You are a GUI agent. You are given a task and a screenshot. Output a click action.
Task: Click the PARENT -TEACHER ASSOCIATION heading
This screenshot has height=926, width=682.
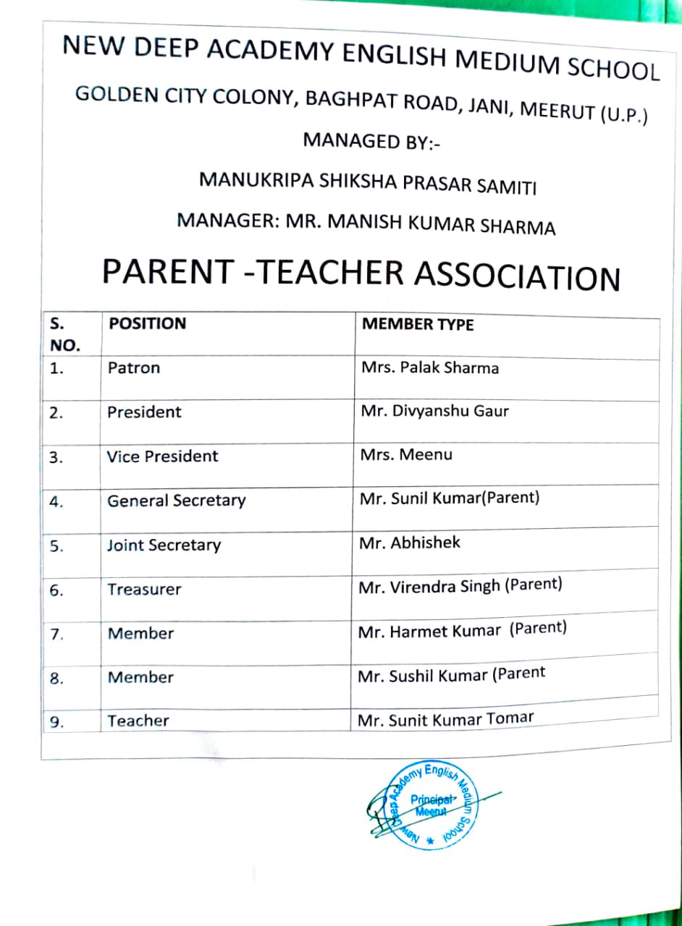[x=361, y=274]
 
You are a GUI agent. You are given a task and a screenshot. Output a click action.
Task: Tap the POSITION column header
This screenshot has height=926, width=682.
[x=147, y=323]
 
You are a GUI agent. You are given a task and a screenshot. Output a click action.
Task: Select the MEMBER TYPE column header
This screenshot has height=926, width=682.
[x=417, y=324]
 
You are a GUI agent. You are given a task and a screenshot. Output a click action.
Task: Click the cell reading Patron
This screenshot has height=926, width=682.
[x=134, y=368]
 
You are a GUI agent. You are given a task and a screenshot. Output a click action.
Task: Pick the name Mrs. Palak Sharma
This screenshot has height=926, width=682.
[x=429, y=368]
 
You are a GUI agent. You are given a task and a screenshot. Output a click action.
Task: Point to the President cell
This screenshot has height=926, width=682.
[x=144, y=412]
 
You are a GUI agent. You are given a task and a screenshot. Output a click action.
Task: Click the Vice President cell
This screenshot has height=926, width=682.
[x=162, y=456]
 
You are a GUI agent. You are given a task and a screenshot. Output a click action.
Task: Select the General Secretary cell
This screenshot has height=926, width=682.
[x=176, y=501]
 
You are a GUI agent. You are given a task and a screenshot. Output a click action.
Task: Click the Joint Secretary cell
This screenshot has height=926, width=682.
[x=164, y=545]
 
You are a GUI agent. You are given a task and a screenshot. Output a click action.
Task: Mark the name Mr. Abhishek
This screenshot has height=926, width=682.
[x=409, y=543]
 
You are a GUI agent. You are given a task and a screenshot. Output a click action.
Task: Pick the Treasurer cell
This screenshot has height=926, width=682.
[x=144, y=590]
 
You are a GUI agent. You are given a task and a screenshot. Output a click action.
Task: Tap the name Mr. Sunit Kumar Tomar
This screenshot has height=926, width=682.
[x=445, y=719]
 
